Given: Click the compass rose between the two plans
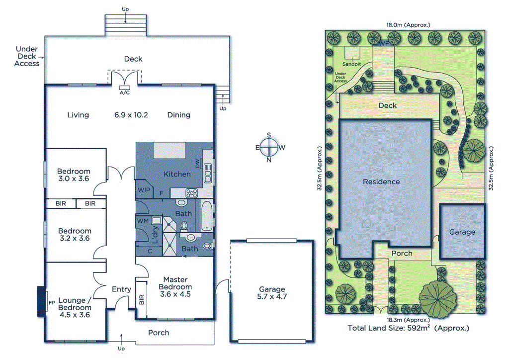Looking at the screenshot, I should pos(269,147).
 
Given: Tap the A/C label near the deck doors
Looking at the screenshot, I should pos(123,92).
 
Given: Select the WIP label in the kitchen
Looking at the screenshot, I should pos(144,189).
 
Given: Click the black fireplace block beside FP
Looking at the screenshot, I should pos(40,301).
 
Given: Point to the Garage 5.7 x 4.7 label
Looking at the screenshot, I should pos(272,293).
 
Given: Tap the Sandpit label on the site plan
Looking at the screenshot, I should pos(351,64).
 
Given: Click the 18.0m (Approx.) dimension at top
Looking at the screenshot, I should pos(408,24).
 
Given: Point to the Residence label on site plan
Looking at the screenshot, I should pos(381,181).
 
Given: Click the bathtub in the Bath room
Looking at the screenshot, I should pos(206,215).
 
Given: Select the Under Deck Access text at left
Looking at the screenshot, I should pos(27,56).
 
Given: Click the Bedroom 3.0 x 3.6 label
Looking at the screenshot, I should pos(73,175).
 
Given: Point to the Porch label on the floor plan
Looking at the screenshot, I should pos(159,333).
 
